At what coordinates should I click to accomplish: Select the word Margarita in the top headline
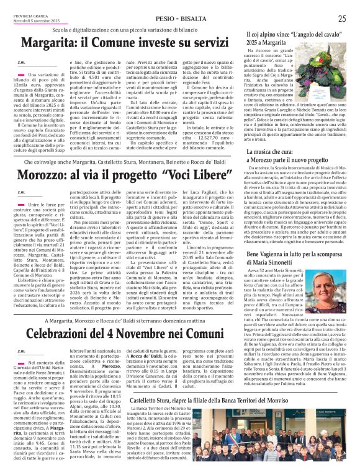point(47,44)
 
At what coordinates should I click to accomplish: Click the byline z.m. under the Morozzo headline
point(21,192)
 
